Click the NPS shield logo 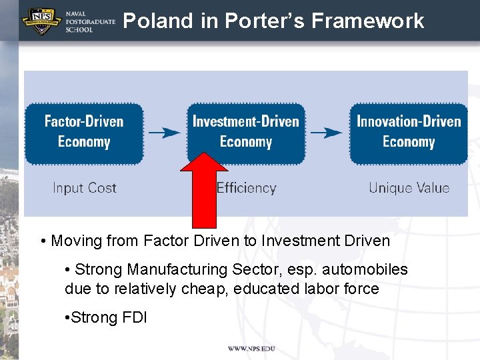42,21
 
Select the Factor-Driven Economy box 84,133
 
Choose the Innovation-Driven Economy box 409,133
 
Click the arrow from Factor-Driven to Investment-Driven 164,132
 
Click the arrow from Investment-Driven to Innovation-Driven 327,132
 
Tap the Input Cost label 85,188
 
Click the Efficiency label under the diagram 247,188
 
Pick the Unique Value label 409,188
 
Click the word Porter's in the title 265,21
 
